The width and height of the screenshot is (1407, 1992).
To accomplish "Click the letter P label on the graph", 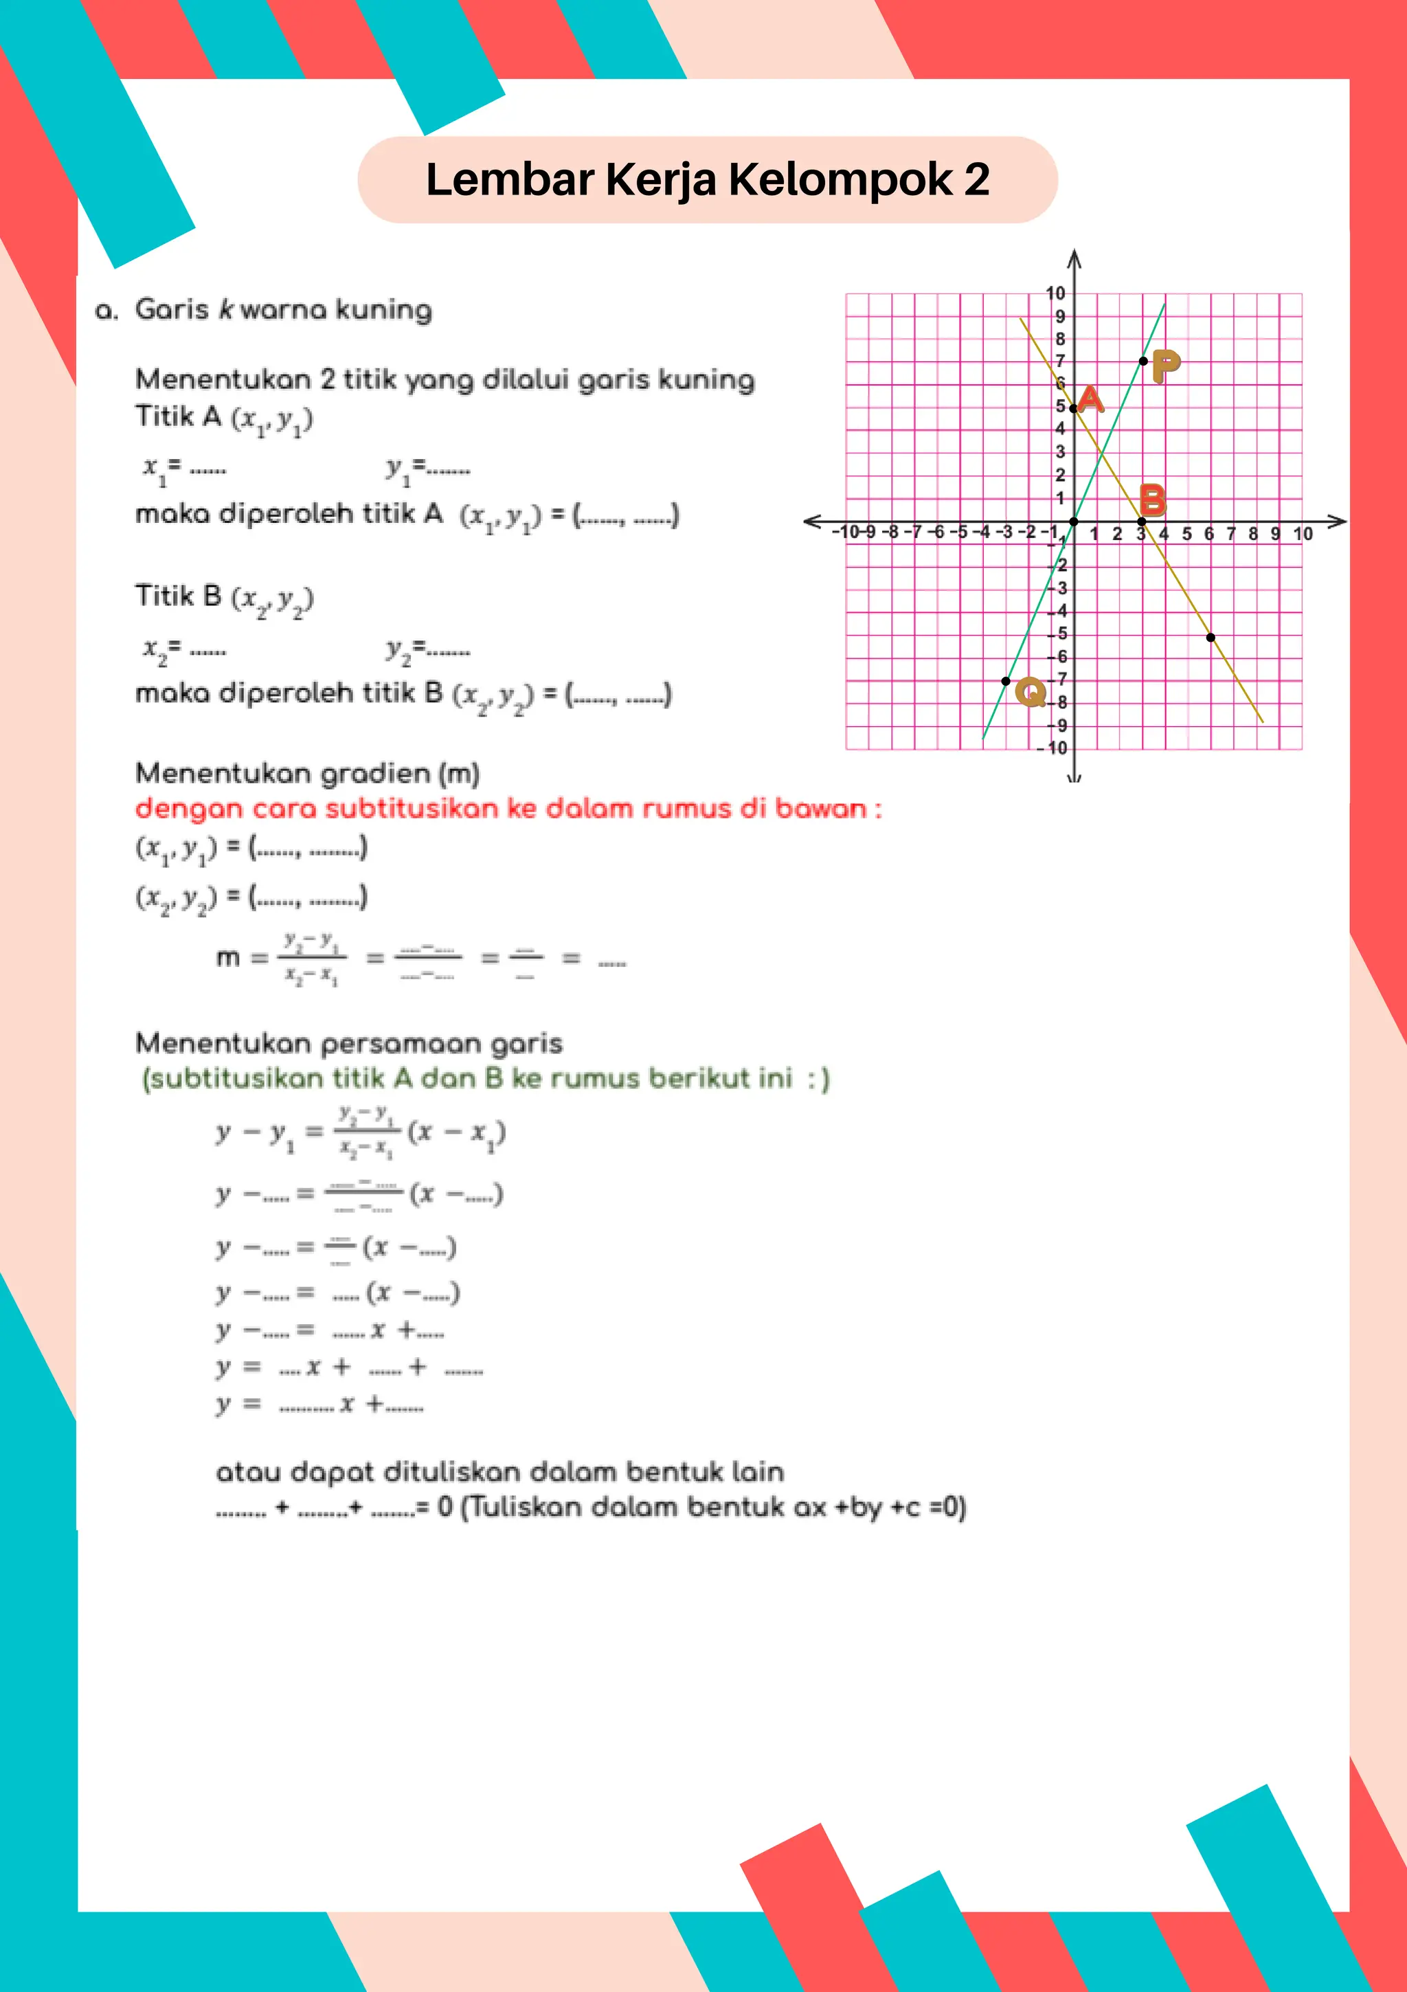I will tap(1166, 366).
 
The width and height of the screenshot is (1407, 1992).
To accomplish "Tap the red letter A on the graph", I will tap(1090, 400).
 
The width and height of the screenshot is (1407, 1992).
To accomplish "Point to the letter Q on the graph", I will tap(1031, 691).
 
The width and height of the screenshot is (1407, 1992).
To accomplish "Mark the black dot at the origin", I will tap(1074, 522).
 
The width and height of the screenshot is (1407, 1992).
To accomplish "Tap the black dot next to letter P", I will tap(1143, 361).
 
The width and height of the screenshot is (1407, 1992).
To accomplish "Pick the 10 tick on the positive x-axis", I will tap(1302, 534).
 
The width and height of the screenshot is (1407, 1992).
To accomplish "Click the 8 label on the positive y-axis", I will tap(1060, 339).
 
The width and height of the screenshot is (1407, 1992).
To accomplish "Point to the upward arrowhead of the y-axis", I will tap(1074, 258).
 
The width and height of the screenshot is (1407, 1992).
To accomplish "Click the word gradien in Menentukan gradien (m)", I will tap(370, 773).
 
